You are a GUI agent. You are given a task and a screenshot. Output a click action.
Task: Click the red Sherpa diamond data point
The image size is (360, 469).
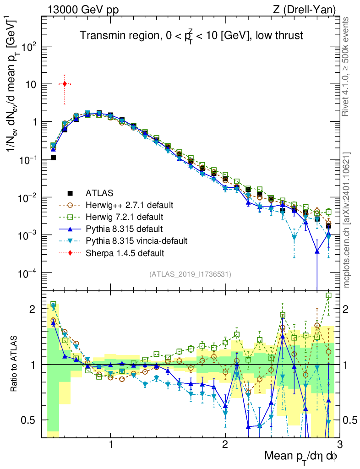pyautogui.click(x=65, y=84)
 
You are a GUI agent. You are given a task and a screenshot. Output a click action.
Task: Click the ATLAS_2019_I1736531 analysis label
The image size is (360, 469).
pyautogui.click(x=190, y=274)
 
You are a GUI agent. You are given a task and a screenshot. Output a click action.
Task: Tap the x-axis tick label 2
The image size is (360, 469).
pyautogui.click(x=225, y=445)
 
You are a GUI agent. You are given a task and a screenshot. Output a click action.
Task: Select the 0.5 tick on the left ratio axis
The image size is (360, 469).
pyautogui.click(x=31, y=420)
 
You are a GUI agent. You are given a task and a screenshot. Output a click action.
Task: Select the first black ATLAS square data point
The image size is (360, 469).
pyautogui.click(x=53, y=158)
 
